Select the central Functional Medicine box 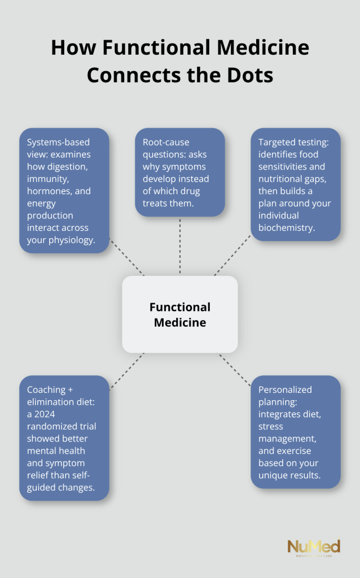(180, 314)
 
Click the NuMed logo (314, 548)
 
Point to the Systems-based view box (64, 190)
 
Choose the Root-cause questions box (180, 172)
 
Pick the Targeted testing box (295, 184)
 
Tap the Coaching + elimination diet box (64, 437)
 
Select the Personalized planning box (295, 431)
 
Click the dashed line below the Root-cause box (180, 246)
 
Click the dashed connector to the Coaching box (126, 371)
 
